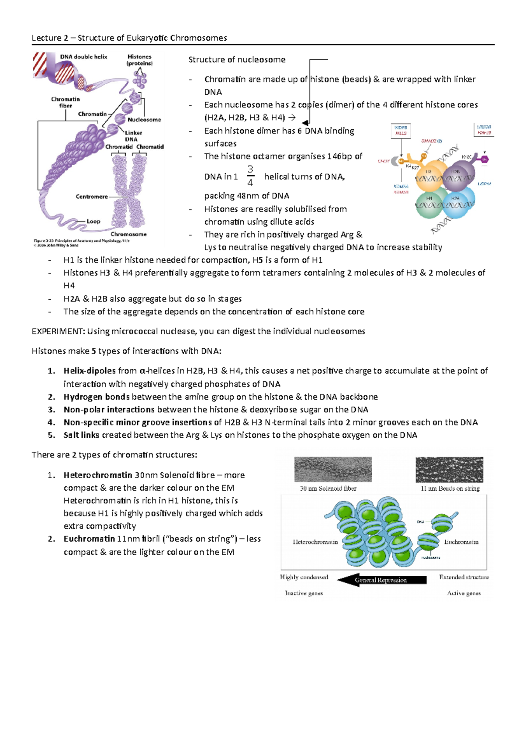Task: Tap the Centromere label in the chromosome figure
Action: click(x=92, y=197)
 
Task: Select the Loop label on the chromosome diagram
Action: click(x=93, y=221)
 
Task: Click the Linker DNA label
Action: click(x=132, y=136)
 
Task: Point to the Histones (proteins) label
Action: click(x=139, y=60)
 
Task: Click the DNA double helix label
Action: click(x=83, y=57)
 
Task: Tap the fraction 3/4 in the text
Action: click(x=250, y=176)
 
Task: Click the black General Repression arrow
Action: click(x=381, y=580)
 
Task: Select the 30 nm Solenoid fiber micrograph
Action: click(x=333, y=469)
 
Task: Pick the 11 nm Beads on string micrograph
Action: click(x=449, y=469)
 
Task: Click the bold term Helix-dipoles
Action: click(x=89, y=371)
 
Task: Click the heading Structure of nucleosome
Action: click(x=237, y=60)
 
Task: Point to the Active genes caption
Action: click(x=464, y=593)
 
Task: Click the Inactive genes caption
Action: click(x=304, y=593)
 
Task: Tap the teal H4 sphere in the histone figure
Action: click(x=430, y=204)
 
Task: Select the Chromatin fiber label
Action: click(x=65, y=102)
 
